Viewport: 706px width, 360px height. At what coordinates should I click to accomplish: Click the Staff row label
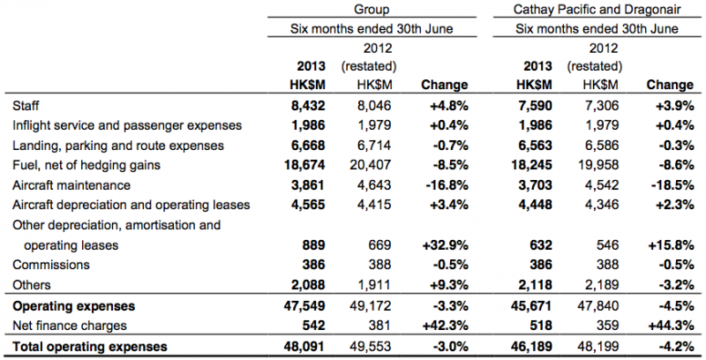click(26, 106)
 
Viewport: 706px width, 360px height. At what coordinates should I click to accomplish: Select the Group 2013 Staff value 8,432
click(308, 106)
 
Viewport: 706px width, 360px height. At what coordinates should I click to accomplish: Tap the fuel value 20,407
click(371, 165)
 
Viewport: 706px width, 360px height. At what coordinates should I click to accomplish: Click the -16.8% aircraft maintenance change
click(444, 185)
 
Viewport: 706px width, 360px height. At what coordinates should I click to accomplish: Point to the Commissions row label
click(51, 265)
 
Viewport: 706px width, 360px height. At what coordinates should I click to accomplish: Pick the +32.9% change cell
click(444, 245)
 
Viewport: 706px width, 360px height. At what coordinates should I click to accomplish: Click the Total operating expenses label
click(90, 347)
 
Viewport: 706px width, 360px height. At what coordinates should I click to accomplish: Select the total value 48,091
click(304, 347)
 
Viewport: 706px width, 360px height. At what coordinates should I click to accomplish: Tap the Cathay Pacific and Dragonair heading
click(597, 9)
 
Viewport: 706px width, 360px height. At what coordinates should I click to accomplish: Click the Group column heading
click(372, 9)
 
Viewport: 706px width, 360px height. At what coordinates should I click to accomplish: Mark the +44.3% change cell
click(670, 326)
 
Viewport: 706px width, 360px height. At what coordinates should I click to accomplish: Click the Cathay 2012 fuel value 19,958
click(598, 165)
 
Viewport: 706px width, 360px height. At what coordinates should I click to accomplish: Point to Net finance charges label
click(70, 326)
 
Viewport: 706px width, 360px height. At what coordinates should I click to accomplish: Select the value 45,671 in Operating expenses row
click(531, 306)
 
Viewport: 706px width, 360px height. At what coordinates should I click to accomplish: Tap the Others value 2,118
click(535, 285)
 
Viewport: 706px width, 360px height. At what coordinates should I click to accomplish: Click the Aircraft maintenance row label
click(71, 185)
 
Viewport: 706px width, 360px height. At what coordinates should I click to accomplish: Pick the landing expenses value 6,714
click(374, 146)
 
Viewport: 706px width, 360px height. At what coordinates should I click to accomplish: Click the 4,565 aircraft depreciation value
click(308, 205)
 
